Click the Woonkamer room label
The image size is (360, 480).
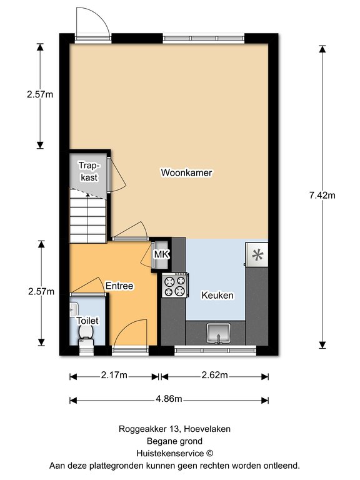click(186, 172)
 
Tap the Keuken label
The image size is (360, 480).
click(217, 296)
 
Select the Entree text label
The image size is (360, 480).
click(119, 286)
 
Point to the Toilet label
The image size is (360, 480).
click(87, 321)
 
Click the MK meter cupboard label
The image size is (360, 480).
click(162, 254)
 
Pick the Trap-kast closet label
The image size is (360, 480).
click(89, 171)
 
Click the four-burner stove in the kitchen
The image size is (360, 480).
click(174, 285)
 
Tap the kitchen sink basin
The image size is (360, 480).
click(218, 333)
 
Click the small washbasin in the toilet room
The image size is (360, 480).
click(74, 309)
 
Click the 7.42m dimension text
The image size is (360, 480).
click(322, 195)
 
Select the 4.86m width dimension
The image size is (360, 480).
click(169, 399)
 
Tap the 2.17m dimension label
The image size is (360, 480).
click(114, 375)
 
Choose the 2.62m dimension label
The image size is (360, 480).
click(214, 375)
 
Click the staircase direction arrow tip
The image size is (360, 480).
click(88, 194)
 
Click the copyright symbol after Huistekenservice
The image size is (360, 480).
click(209, 453)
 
